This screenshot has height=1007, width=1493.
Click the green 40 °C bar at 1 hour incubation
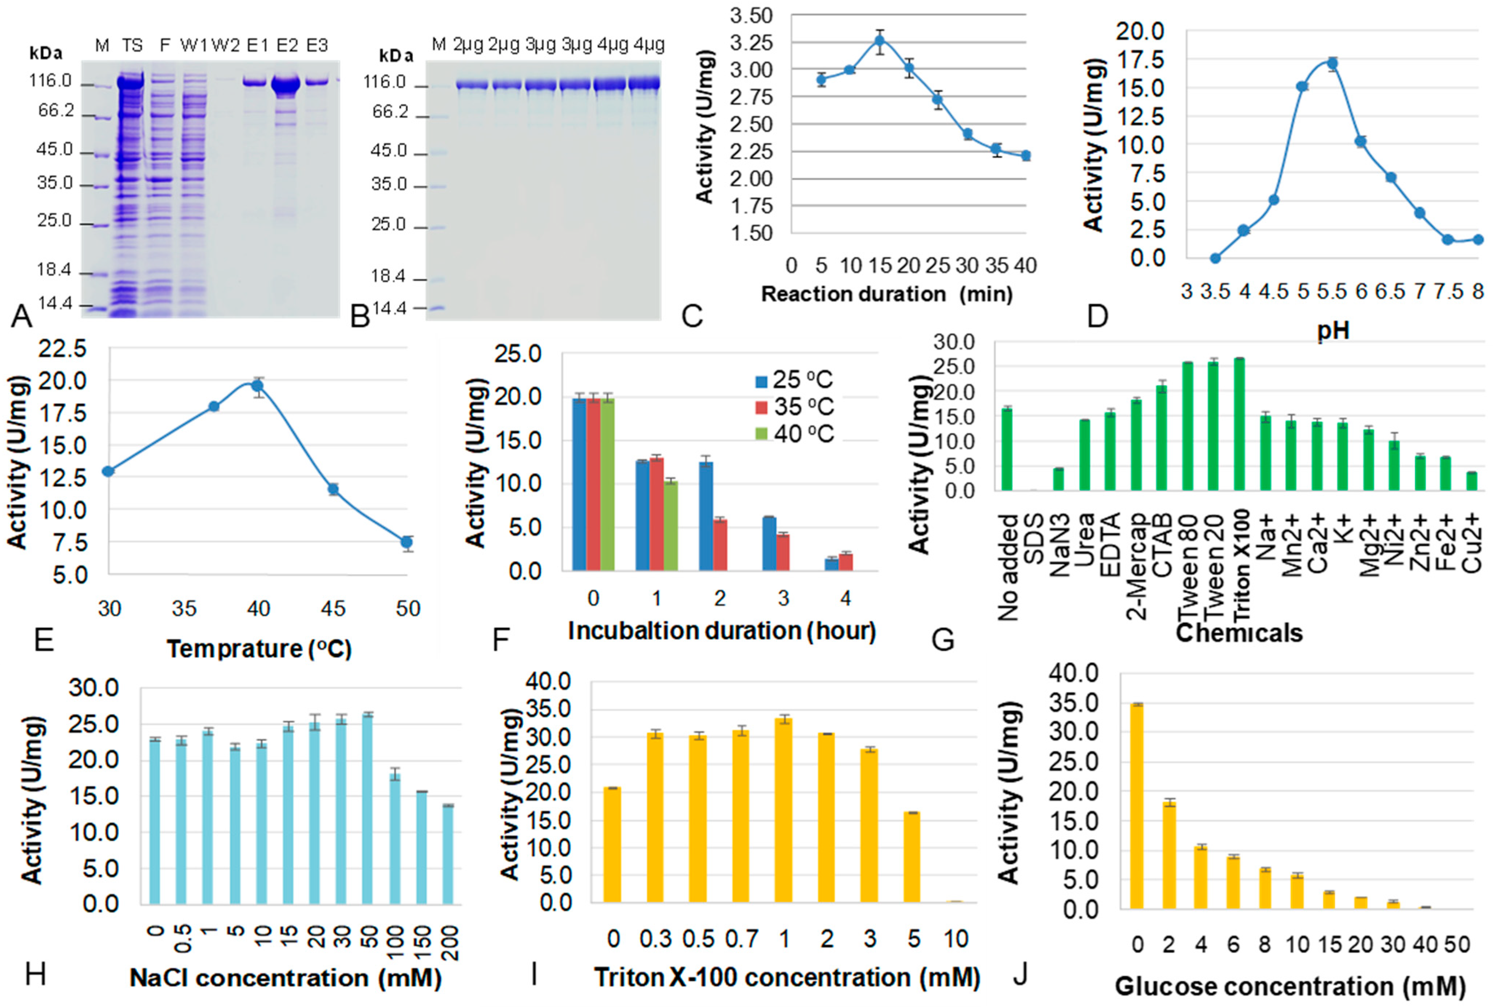pyautogui.click(x=671, y=525)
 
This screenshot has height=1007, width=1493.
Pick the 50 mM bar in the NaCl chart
pyautogui.click(x=367, y=809)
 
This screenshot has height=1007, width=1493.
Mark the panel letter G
pyautogui.click(x=943, y=640)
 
